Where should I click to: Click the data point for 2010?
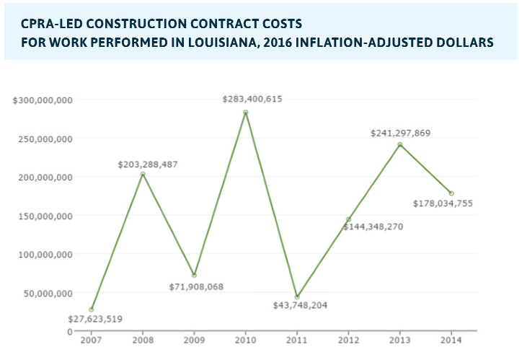[245, 112]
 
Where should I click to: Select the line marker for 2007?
[91, 309]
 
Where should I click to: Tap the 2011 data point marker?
[296, 297]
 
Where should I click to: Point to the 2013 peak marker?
[399, 144]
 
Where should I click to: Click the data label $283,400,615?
[252, 99]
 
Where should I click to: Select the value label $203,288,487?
[148, 164]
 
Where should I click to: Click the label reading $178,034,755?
[443, 203]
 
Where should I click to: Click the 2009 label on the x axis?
[194, 339]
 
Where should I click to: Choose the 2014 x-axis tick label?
[451, 339]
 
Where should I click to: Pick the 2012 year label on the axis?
[348, 339]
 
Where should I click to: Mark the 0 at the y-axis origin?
[69, 332]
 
